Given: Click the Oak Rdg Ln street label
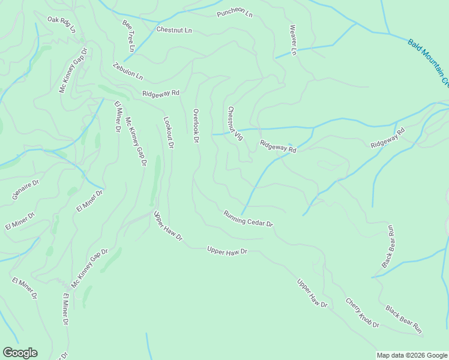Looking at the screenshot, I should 62,25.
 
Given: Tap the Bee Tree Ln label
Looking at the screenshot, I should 129,35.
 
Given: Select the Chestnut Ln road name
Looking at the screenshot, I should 174,29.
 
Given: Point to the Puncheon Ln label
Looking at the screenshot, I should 235,13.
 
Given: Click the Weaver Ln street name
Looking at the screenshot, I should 293,40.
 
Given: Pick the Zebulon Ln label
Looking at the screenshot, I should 128,71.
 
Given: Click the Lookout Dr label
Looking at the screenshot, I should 169,133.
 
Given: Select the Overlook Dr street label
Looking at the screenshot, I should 196,125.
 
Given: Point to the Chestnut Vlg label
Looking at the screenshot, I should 235,124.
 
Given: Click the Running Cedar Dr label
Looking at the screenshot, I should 248,218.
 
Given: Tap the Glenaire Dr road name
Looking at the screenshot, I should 25,189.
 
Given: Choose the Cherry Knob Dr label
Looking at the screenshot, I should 363,313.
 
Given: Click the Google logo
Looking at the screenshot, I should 20,353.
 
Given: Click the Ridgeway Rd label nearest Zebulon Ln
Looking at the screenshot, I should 161,93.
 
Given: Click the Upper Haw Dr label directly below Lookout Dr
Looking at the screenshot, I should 167,226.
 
